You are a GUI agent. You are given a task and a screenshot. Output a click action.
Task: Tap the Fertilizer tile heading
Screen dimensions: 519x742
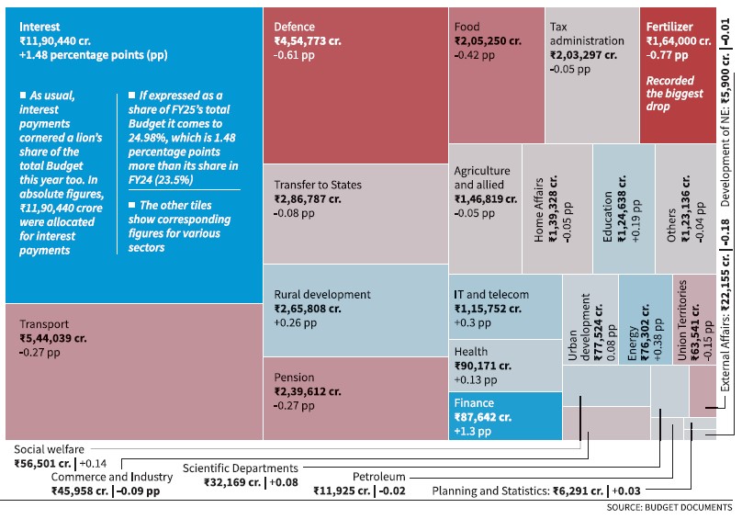(x=669, y=28)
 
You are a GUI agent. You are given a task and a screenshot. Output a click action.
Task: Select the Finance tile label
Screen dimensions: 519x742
(x=474, y=403)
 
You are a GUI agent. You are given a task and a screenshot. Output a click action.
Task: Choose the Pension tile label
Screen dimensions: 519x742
(x=294, y=378)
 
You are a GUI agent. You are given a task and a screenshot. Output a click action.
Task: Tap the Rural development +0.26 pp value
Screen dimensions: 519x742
(x=296, y=323)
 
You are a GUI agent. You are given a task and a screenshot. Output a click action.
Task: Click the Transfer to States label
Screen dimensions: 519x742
(x=318, y=185)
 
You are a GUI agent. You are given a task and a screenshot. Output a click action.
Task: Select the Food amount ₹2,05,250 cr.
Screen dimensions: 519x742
(x=488, y=41)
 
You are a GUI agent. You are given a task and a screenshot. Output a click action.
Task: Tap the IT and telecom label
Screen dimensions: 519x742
(x=491, y=295)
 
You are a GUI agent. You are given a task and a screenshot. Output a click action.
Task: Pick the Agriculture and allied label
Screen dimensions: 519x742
(x=482, y=178)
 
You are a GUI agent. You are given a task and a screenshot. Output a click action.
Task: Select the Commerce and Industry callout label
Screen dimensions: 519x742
(x=111, y=477)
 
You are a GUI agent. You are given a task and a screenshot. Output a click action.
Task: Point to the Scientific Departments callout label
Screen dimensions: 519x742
(x=240, y=468)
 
